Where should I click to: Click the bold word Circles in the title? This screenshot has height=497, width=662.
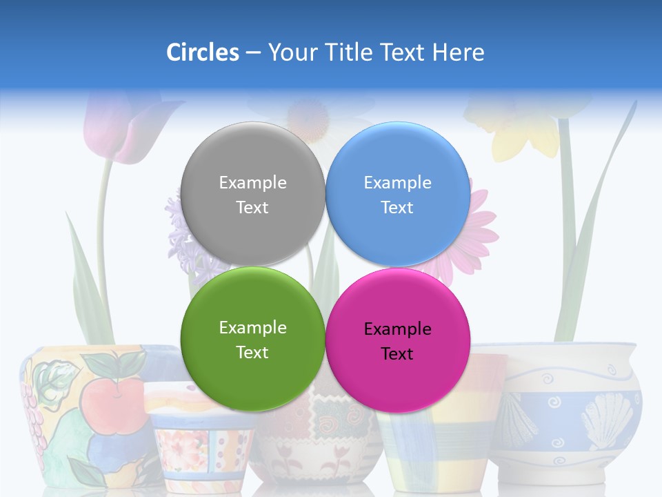point(202,52)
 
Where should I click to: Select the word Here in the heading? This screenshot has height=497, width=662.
point(459,52)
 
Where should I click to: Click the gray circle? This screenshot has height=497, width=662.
point(252,194)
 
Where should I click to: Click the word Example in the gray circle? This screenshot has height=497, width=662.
point(252,183)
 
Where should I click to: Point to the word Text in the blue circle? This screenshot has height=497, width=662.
point(397,208)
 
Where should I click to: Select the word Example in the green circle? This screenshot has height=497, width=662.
point(252,328)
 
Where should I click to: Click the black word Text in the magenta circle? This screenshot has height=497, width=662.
point(397,354)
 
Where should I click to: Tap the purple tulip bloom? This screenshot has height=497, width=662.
point(114,128)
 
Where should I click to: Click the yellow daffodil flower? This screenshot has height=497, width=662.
point(524,131)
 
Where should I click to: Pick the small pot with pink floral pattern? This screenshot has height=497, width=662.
point(197,442)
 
